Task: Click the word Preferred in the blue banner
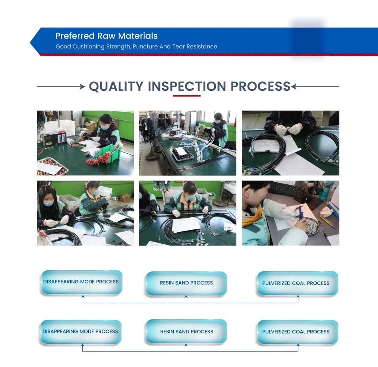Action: click(75, 36)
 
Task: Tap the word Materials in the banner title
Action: click(138, 36)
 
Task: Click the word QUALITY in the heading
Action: click(116, 86)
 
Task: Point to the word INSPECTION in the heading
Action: click(187, 86)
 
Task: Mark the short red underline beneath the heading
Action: click(187, 96)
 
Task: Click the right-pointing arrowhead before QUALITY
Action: click(83, 86)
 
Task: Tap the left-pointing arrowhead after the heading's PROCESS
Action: click(293, 86)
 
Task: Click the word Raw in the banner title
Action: click(106, 36)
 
